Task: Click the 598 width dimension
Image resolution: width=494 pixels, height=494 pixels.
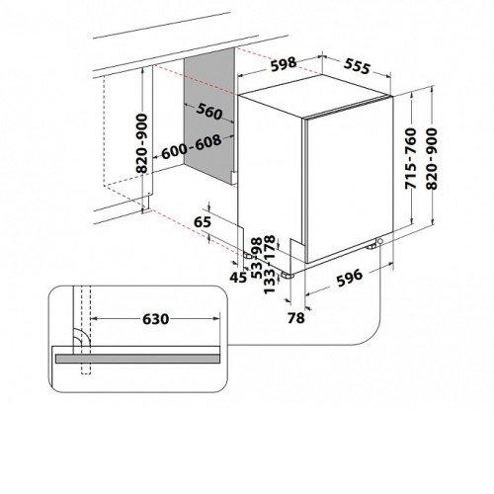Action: [x=284, y=63]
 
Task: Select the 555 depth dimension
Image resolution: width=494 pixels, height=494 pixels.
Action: [x=357, y=66]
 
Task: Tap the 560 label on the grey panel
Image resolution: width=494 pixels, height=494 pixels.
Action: [x=209, y=112]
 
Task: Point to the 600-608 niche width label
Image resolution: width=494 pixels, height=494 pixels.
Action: [x=192, y=146]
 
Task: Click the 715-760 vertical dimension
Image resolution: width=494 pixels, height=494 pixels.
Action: [x=411, y=158]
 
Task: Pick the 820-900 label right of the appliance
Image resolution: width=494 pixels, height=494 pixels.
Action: [x=432, y=159]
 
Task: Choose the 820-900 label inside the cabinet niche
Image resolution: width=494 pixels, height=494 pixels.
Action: [x=142, y=143]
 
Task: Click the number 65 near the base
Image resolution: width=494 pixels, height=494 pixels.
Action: [x=203, y=222]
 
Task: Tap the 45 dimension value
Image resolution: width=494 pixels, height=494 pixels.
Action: [x=238, y=278]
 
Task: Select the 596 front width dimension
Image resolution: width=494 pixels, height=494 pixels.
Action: [x=349, y=277]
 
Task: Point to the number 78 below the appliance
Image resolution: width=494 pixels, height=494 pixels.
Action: [x=296, y=318]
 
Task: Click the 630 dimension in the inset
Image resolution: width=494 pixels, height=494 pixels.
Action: [x=156, y=319]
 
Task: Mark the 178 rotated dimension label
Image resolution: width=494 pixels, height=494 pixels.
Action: [x=270, y=248]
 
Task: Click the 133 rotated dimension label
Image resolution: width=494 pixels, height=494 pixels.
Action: [x=270, y=282]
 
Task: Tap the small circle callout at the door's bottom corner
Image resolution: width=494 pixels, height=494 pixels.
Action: [x=380, y=241]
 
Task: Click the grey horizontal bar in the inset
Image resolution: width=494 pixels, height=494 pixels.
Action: [x=137, y=359]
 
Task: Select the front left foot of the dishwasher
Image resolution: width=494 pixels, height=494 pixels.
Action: [x=288, y=276]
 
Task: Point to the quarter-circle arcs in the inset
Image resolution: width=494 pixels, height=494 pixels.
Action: [x=82, y=337]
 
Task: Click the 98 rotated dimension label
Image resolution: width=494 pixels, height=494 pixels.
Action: [x=257, y=246]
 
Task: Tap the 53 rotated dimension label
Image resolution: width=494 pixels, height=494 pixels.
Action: [x=257, y=270]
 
